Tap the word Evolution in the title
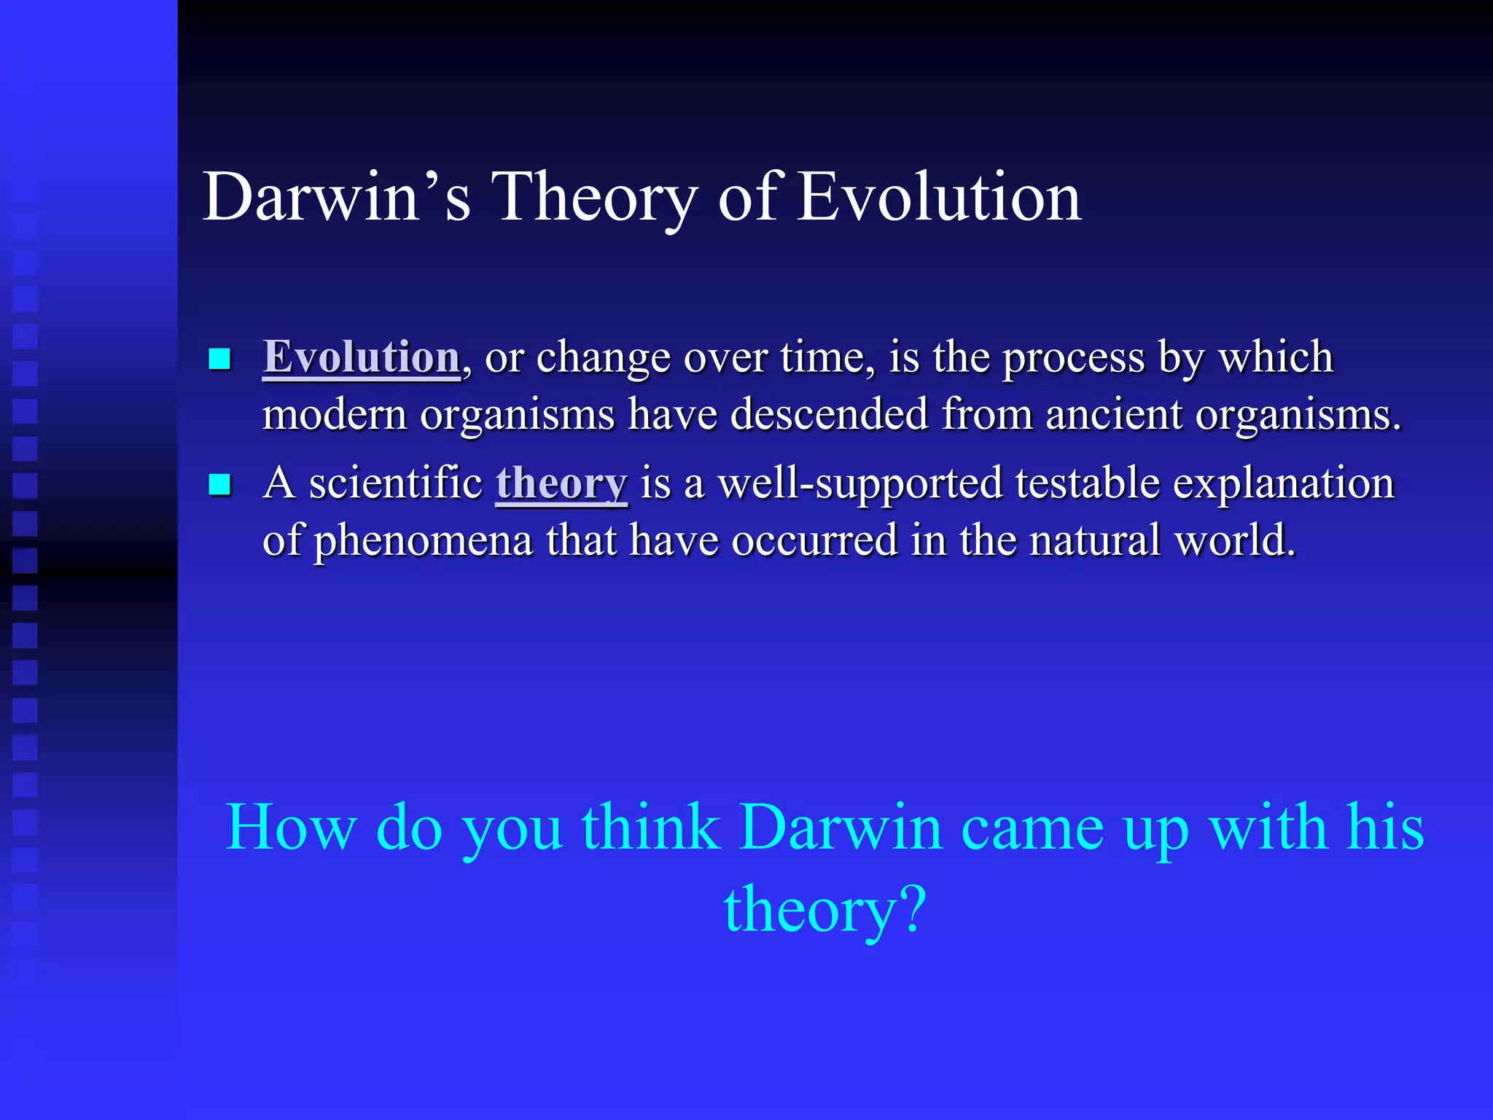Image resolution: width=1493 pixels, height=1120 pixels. click(x=939, y=197)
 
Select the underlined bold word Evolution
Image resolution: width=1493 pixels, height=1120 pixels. click(x=362, y=357)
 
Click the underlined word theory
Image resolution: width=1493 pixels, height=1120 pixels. click(x=561, y=483)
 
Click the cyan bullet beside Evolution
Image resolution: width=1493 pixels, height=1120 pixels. click(x=219, y=359)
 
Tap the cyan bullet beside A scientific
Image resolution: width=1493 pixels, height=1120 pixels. click(x=219, y=485)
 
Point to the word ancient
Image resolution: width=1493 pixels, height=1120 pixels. click(x=1114, y=414)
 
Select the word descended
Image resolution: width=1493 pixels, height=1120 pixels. click(x=830, y=414)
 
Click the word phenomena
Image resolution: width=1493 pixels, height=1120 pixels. click(x=424, y=541)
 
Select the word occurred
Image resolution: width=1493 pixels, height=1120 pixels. click(x=814, y=541)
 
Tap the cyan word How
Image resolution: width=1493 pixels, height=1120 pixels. click(x=291, y=828)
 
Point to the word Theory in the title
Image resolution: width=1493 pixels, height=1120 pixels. click(x=594, y=197)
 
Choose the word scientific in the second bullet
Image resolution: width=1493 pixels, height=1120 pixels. click(x=396, y=483)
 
